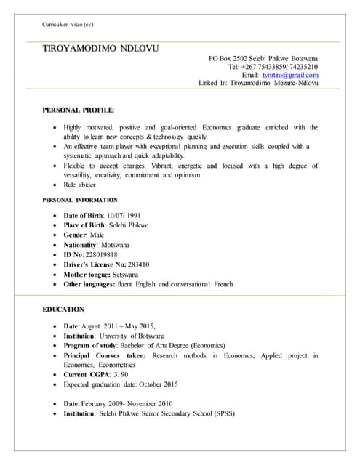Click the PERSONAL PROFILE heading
78,109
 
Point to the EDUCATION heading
63,309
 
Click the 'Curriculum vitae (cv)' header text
68,25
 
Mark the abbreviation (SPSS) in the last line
225,413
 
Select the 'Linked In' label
212,84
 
